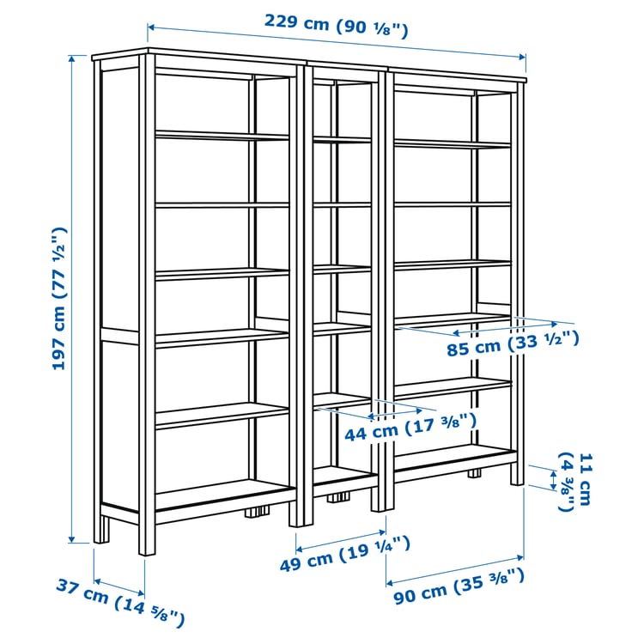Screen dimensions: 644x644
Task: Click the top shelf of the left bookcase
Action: coord(222,136)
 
